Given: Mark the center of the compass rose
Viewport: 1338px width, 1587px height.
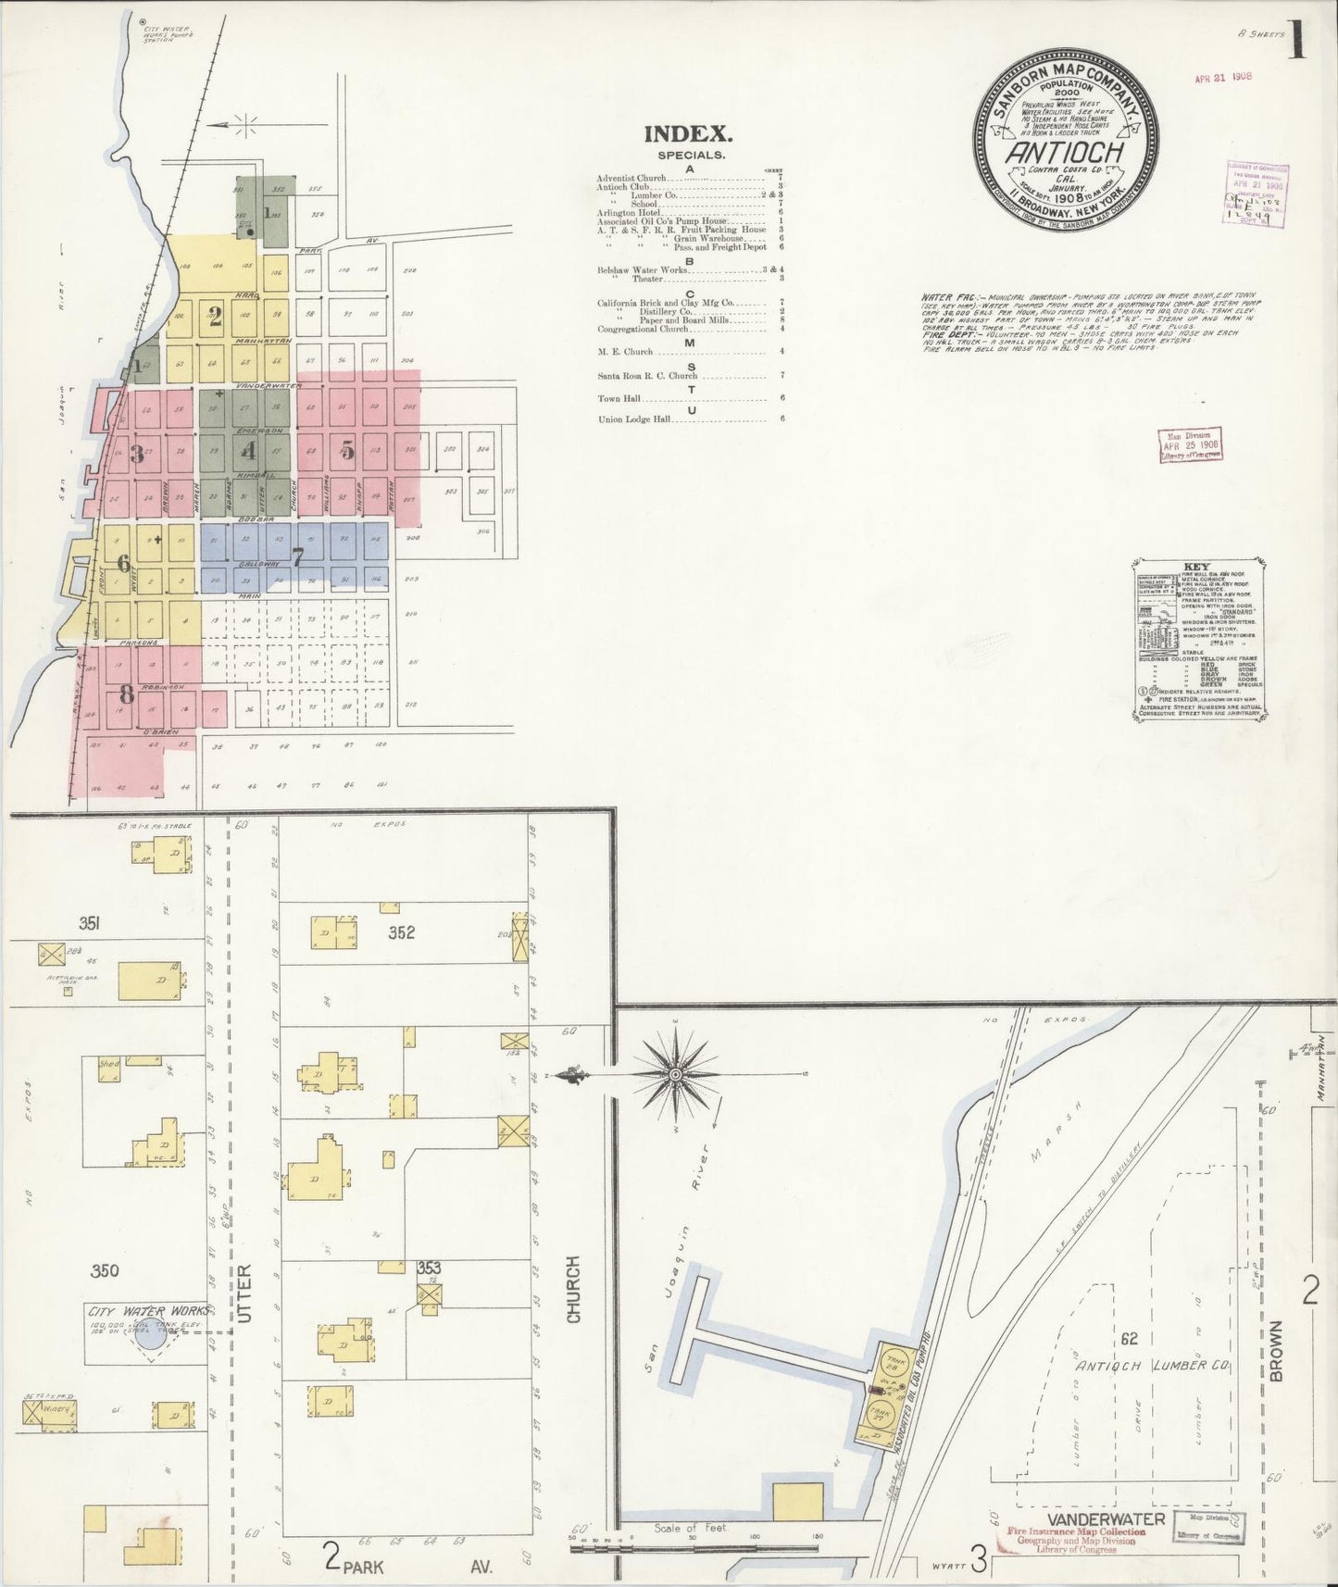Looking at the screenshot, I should pos(676,1074).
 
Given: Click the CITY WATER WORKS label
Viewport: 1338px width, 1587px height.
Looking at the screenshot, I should pos(148,1310).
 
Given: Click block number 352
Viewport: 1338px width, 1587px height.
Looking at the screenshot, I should pos(401,932).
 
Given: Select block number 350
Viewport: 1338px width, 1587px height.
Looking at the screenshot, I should pos(105,1270).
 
